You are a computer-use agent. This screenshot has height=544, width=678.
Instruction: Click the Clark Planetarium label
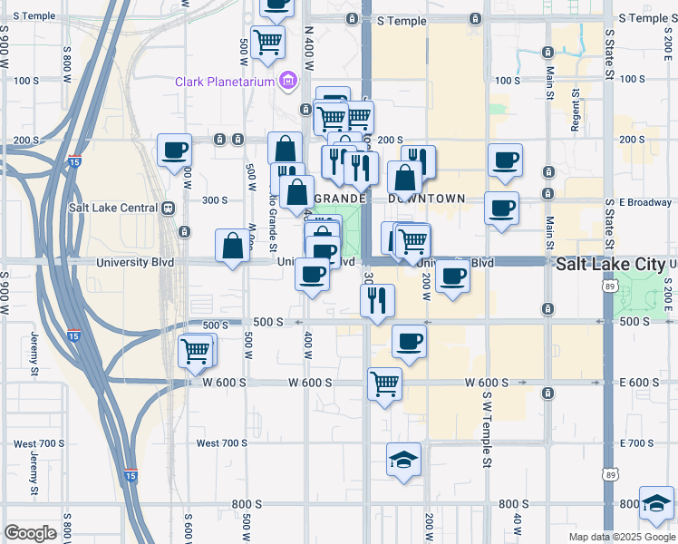coord(227,83)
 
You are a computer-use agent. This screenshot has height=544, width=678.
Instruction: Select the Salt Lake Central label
coord(113,207)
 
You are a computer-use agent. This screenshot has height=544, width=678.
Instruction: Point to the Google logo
coord(31,533)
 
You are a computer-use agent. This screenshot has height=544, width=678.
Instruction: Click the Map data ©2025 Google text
coord(621,537)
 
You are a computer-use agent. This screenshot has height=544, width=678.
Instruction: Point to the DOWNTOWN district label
coord(426,199)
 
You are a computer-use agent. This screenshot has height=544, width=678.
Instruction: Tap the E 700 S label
coord(639,442)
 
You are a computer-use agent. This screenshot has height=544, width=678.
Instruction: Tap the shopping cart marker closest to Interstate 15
coord(196,351)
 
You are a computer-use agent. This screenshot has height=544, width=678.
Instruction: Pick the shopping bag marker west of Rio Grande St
coord(233,247)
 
